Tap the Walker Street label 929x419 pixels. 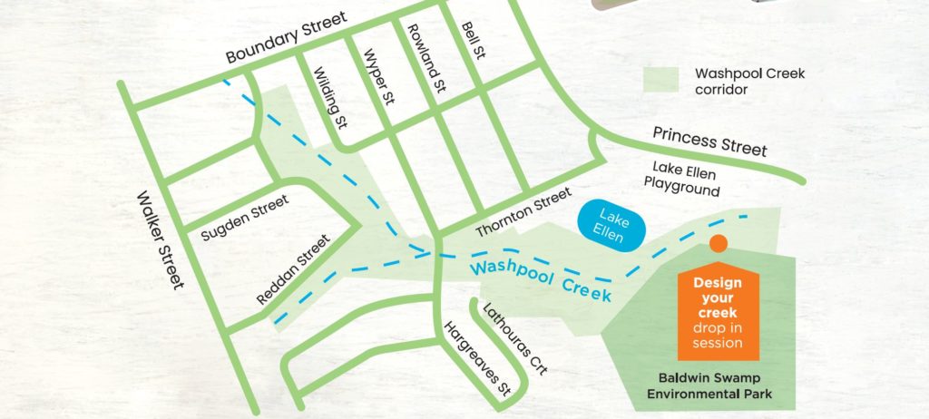click(161, 240)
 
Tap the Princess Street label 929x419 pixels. click(709, 141)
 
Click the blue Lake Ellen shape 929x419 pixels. click(611, 223)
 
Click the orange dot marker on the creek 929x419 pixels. click(718, 243)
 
